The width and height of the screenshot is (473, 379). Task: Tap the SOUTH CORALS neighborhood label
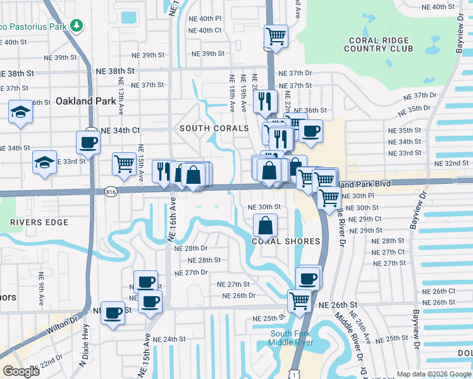click(x=214, y=128)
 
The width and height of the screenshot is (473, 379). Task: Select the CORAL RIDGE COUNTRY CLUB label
click(x=378, y=44)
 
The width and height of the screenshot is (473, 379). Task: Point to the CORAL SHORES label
click(x=286, y=241)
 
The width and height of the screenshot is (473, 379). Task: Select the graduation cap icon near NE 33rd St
click(x=45, y=162)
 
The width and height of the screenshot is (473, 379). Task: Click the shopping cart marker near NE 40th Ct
click(x=276, y=36)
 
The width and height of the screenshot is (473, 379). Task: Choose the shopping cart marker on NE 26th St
click(x=299, y=300)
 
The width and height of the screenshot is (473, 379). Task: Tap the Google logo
click(x=21, y=371)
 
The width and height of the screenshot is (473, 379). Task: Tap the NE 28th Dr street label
click(x=190, y=248)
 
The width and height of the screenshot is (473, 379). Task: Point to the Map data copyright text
click(x=433, y=374)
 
